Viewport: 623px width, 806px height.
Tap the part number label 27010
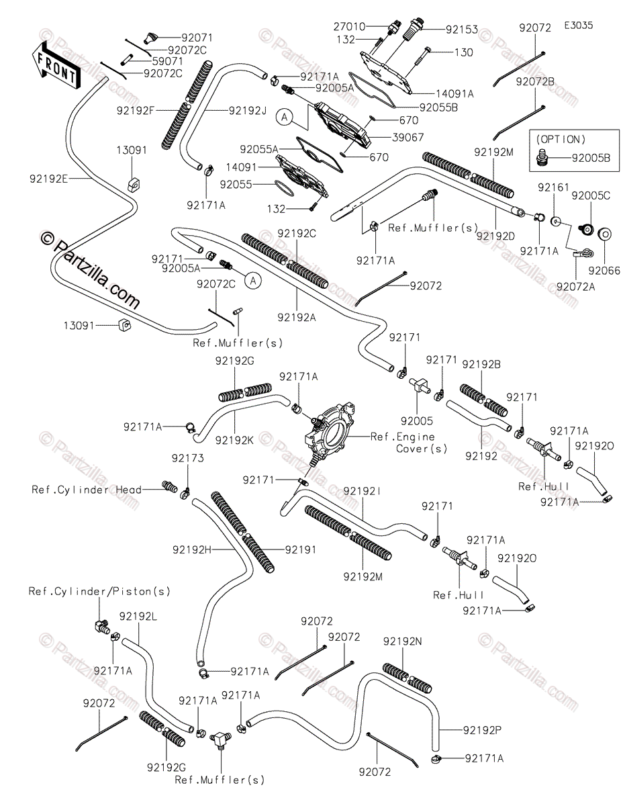point(350,27)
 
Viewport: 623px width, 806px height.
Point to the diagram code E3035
point(578,26)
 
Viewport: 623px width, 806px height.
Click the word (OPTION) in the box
point(561,140)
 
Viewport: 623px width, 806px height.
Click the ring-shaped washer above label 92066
point(604,234)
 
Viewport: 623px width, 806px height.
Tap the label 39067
point(403,137)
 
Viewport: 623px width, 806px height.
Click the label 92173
point(187,458)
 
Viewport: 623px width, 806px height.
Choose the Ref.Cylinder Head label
point(87,490)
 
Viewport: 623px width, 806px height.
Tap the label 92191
point(300,549)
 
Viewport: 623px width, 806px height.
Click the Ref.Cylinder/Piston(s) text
point(99,592)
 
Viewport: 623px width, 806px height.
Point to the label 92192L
point(139,616)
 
